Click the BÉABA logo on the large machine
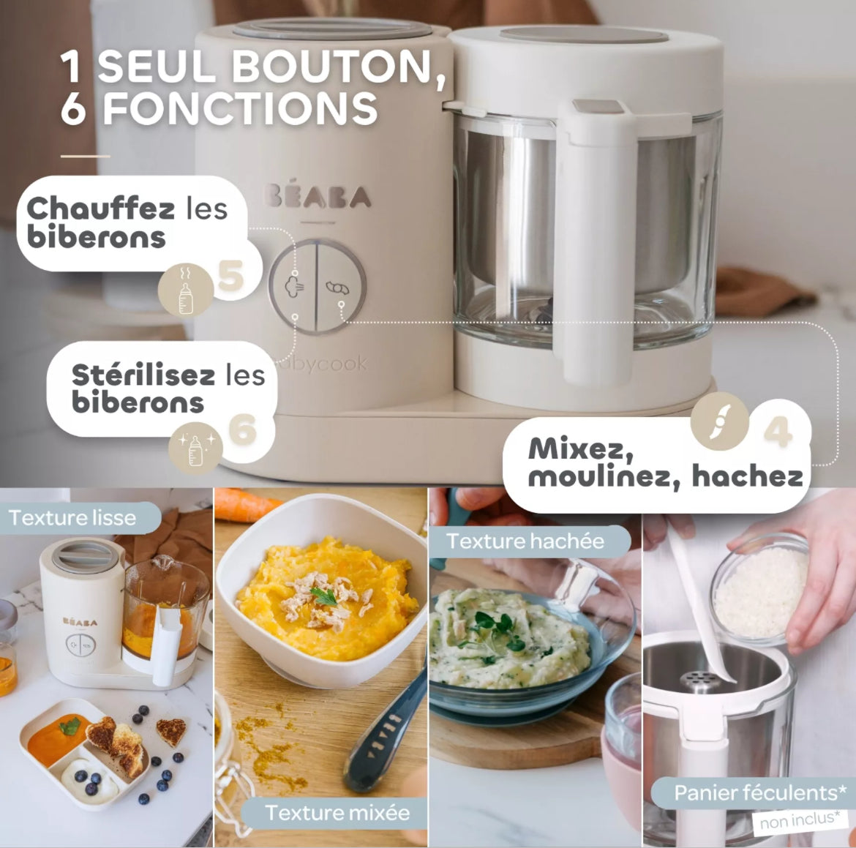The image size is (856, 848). [x=318, y=196]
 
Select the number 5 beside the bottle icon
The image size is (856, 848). [x=230, y=277]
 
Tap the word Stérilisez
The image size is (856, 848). [x=143, y=375]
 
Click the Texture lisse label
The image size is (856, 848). [x=72, y=518]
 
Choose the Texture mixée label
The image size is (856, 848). [x=337, y=812]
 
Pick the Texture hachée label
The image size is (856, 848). [x=525, y=541]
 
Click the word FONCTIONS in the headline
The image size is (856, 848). [x=240, y=108]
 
